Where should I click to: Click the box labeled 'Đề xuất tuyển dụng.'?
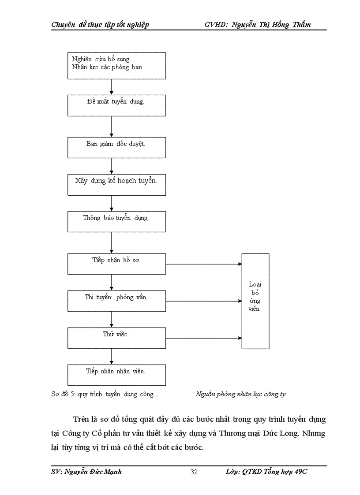116,106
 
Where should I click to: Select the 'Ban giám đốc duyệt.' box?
116,147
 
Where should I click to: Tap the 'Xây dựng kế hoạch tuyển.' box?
116,185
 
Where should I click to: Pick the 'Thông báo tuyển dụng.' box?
116,221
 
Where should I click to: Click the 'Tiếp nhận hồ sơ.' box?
116,264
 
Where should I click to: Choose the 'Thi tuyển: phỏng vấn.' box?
116,301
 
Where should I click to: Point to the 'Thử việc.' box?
116,338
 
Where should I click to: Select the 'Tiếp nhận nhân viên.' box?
116,375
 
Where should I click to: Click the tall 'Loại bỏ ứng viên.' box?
255,301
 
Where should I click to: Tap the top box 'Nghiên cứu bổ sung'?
116,66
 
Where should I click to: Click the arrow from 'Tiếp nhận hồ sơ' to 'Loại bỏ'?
204,264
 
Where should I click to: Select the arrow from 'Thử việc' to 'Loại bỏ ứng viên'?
204,338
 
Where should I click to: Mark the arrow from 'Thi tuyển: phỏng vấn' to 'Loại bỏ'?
204,301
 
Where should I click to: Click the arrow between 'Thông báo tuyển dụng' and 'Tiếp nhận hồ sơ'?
111,242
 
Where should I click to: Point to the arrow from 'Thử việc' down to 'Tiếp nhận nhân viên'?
111,356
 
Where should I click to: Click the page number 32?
194,472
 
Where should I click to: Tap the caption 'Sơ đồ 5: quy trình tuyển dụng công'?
104,394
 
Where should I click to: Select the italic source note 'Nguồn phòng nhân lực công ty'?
240,394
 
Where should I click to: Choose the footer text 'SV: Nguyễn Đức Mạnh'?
86,472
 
